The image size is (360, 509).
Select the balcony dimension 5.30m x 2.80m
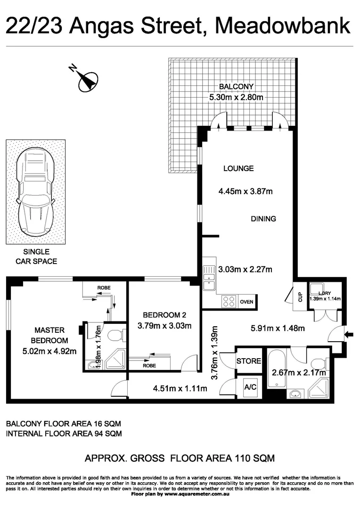pos(236,98)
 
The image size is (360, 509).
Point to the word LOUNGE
pos(238,168)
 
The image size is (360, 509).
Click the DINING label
pos(263,219)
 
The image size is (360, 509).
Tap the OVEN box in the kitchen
pos(246,302)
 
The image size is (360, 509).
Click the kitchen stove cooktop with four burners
pos(229,302)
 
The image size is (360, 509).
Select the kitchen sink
pos(208,278)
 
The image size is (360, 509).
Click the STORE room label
pos(249,361)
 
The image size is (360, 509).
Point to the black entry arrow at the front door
pos(349,335)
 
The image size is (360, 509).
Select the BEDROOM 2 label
pos(162,315)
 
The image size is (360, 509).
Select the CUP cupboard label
pos(300,297)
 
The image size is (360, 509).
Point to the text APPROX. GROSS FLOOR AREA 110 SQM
pos(180,458)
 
